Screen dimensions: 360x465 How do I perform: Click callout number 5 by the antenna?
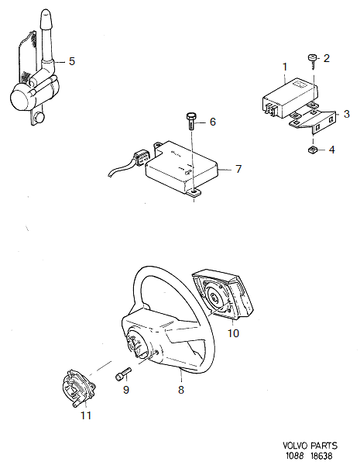(72, 61)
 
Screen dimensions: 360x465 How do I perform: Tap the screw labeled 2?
(312, 61)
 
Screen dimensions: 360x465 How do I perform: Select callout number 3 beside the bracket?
(347, 114)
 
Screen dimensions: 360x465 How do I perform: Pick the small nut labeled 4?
(313, 150)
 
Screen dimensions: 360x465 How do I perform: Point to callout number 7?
(238, 169)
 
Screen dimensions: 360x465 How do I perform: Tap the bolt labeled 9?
(123, 374)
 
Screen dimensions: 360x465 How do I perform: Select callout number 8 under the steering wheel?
(181, 389)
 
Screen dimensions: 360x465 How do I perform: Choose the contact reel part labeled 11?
(79, 388)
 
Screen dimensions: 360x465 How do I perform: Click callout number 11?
(86, 415)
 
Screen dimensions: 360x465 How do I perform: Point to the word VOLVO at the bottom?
(296, 446)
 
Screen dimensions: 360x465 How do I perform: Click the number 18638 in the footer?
(321, 456)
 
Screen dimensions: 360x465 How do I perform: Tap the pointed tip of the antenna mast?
(46, 10)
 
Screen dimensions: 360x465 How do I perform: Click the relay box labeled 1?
(290, 97)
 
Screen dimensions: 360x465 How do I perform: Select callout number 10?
(233, 333)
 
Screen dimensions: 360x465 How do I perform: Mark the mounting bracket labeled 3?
(314, 120)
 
